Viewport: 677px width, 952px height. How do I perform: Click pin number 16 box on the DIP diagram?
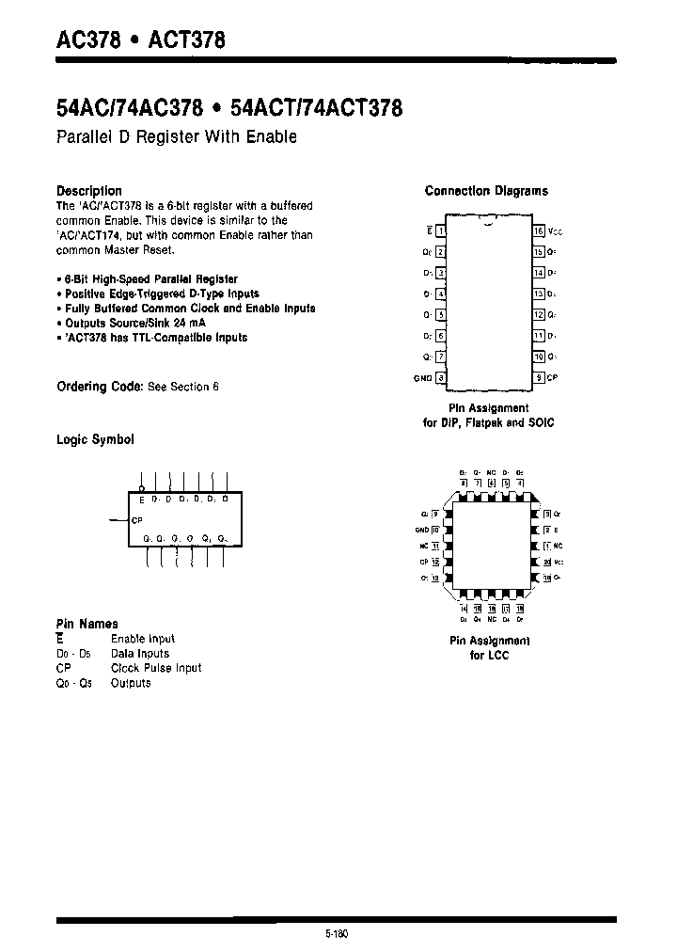[539, 230]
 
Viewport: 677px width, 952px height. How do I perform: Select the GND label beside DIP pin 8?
[422, 378]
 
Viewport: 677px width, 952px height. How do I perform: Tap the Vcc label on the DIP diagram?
[555, 231]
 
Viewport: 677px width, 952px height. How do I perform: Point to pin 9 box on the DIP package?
[539, 378]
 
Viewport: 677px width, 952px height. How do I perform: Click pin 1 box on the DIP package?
[441, 230]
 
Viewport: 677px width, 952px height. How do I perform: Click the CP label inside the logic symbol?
[136, 519]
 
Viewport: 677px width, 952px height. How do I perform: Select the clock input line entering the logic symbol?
[118, 519]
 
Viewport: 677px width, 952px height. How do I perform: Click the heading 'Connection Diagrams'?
[486, 191]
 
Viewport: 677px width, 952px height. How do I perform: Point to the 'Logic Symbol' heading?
[95, 439]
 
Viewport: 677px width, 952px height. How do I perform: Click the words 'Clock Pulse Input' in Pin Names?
[156, 668]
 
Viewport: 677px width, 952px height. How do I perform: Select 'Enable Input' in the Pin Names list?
[143, 638]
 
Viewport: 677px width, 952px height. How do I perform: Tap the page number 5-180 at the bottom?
[335, 934]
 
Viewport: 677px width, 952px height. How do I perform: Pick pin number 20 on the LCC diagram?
[546, 562]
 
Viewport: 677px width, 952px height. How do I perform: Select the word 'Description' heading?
[89, 191]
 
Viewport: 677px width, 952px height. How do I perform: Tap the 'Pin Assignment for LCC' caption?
[489, 647]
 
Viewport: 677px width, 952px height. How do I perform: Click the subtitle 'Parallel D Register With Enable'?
[177, 137]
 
